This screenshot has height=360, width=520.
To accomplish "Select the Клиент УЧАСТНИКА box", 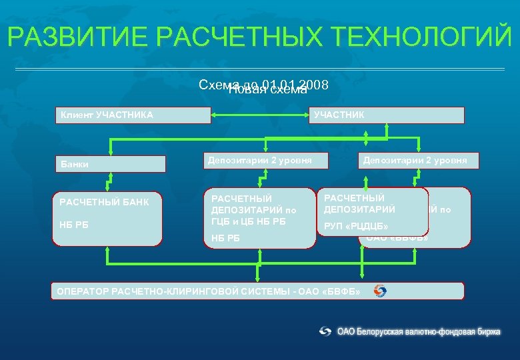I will tap(133, 115).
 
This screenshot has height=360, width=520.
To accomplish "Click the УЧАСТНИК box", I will tap(387, 115).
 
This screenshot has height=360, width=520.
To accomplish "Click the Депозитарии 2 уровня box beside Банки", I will tap(259, 160).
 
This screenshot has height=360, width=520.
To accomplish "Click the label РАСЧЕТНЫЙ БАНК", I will tap(104, 202).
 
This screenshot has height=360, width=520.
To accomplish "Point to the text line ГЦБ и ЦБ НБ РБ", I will tap(249, 221).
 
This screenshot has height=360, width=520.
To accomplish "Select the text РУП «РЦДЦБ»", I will tap(356, 227).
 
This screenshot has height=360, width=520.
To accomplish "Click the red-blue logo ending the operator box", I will tap(379, 291).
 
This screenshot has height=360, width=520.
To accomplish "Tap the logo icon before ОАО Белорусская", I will tap(325, 331).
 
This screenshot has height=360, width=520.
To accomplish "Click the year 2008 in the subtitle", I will tap(315, 85).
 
